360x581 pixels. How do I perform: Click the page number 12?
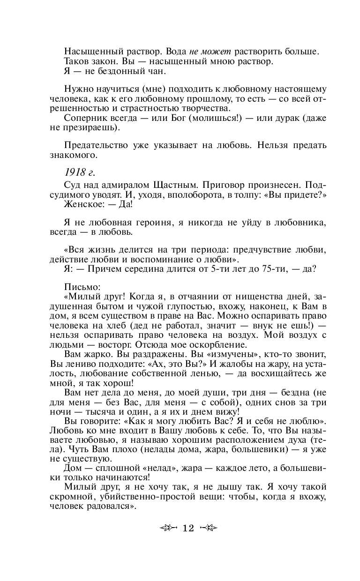pos(188,528)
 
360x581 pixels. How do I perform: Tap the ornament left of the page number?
pos(169,528)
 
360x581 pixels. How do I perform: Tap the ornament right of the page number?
pos(208,528)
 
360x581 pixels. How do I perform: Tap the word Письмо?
pos(79,285)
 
